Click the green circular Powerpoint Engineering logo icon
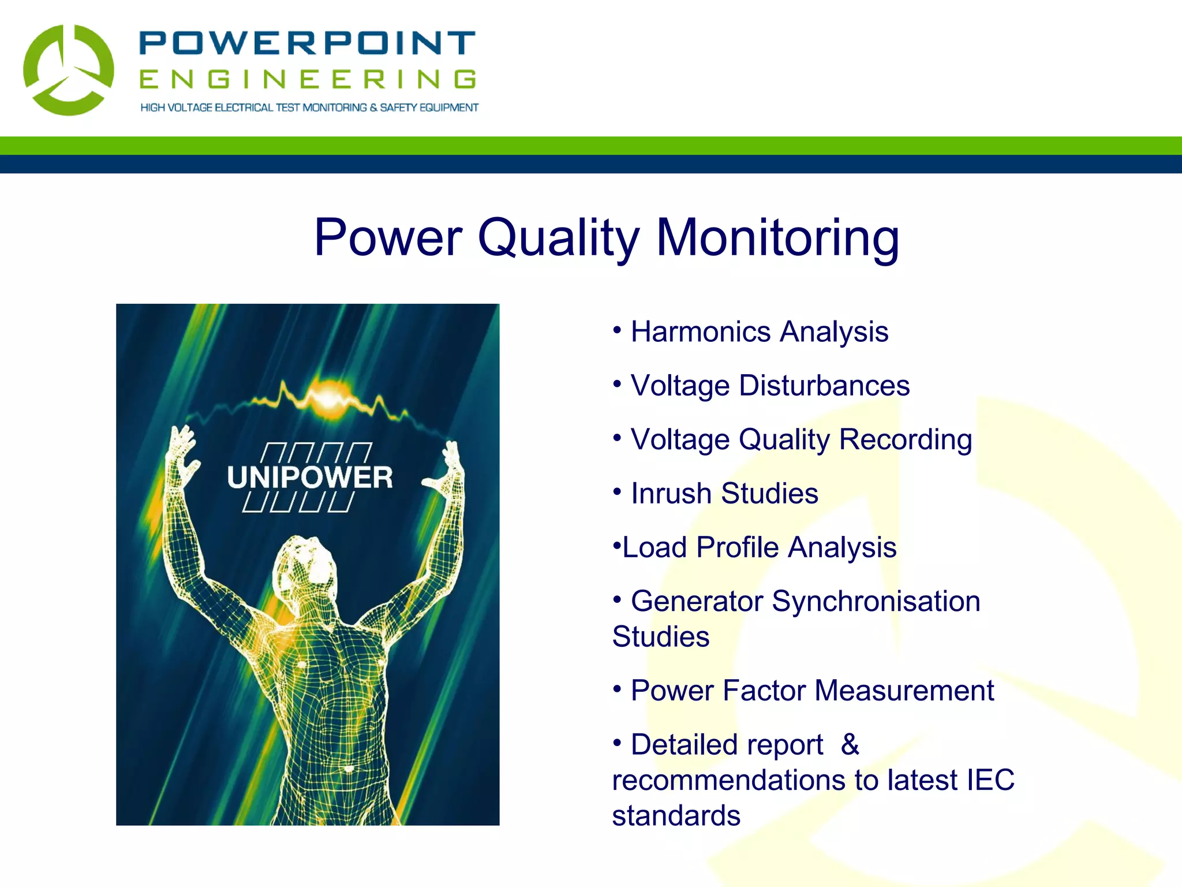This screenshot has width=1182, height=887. tap(68, 70)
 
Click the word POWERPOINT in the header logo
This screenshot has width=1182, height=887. tap(307, 43)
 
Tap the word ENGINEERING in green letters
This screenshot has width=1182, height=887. tap(307, 80)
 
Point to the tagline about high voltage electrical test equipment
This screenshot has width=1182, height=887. tap(309, 107)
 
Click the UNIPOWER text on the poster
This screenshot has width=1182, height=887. tap(309, 478)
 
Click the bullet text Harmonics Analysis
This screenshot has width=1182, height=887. tap(759, 332)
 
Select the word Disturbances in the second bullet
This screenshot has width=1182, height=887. tap(824, 386)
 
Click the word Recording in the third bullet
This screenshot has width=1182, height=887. tap(905, 439)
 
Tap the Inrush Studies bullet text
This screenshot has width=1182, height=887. tap(724, 494)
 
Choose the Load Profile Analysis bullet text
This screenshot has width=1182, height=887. tap(759, 547)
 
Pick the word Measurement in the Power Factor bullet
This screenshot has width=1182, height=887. tap(904, 691)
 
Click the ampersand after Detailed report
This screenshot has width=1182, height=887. tap(850, 744)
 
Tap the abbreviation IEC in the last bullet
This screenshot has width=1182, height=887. tap(990, 780)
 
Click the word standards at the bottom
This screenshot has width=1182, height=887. tap(676, 816)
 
